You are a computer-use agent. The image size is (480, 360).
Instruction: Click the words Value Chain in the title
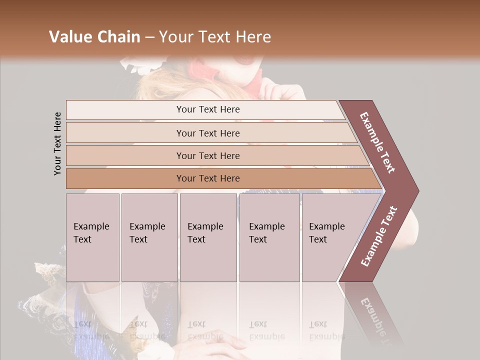point(94,37)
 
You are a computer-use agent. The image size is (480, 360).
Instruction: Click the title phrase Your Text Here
point(215,37)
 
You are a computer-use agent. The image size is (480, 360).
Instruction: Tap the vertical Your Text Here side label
point(57,143)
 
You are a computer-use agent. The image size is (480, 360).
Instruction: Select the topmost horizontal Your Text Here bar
point(207,109)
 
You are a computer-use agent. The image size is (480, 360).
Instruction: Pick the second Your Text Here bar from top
point(207,133)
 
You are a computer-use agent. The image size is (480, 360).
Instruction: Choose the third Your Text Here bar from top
point(207,156)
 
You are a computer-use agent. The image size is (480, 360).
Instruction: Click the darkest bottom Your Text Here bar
point(207,178)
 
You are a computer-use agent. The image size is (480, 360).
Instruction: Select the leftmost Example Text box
point(92,237)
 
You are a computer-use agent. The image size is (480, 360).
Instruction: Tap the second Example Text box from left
point(149,237)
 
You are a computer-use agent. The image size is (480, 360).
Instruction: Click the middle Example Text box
point(207,237)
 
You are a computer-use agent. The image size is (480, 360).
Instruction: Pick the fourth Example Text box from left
point(269,237)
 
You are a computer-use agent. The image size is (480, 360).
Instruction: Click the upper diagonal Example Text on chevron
point(378,142)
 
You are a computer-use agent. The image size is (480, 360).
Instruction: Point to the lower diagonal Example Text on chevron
point(379,236)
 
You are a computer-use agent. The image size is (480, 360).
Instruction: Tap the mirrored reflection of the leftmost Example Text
point(91,330)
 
